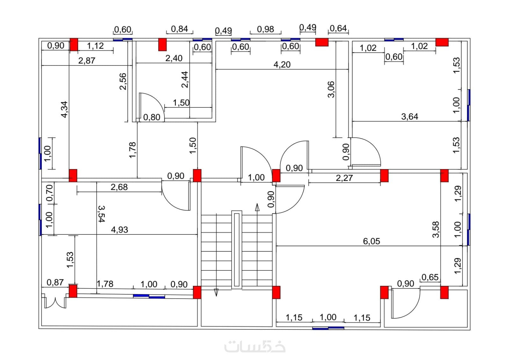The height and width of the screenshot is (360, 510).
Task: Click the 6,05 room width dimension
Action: click(371, 241)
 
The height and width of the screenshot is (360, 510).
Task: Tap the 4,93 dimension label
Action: click(120, 230)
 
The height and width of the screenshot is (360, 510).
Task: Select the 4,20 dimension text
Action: click(282, 65)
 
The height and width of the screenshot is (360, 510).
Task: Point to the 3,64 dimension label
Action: click(410, 117)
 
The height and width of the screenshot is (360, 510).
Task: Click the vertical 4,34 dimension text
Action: click(64, 109)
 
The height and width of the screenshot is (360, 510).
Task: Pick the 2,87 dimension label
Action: click(87, 61)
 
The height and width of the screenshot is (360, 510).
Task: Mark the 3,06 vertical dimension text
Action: click(331, 89)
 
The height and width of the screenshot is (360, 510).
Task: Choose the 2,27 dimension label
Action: click(344, 178)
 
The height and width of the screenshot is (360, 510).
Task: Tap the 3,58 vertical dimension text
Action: click(436, 229)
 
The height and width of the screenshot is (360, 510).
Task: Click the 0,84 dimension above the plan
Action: click(179, 29)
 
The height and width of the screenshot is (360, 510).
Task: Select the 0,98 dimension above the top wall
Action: click(266, 29)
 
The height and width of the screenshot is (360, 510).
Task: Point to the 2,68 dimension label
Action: click(119, 187)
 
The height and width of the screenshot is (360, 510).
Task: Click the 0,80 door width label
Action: click(152, 117)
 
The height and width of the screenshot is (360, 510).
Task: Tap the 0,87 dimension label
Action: click(55, 282)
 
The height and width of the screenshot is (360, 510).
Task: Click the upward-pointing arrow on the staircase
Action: click(257, 207)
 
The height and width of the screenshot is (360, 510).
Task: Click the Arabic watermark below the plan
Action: click(255, 346)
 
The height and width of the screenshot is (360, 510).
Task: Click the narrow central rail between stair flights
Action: click(237, 250)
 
